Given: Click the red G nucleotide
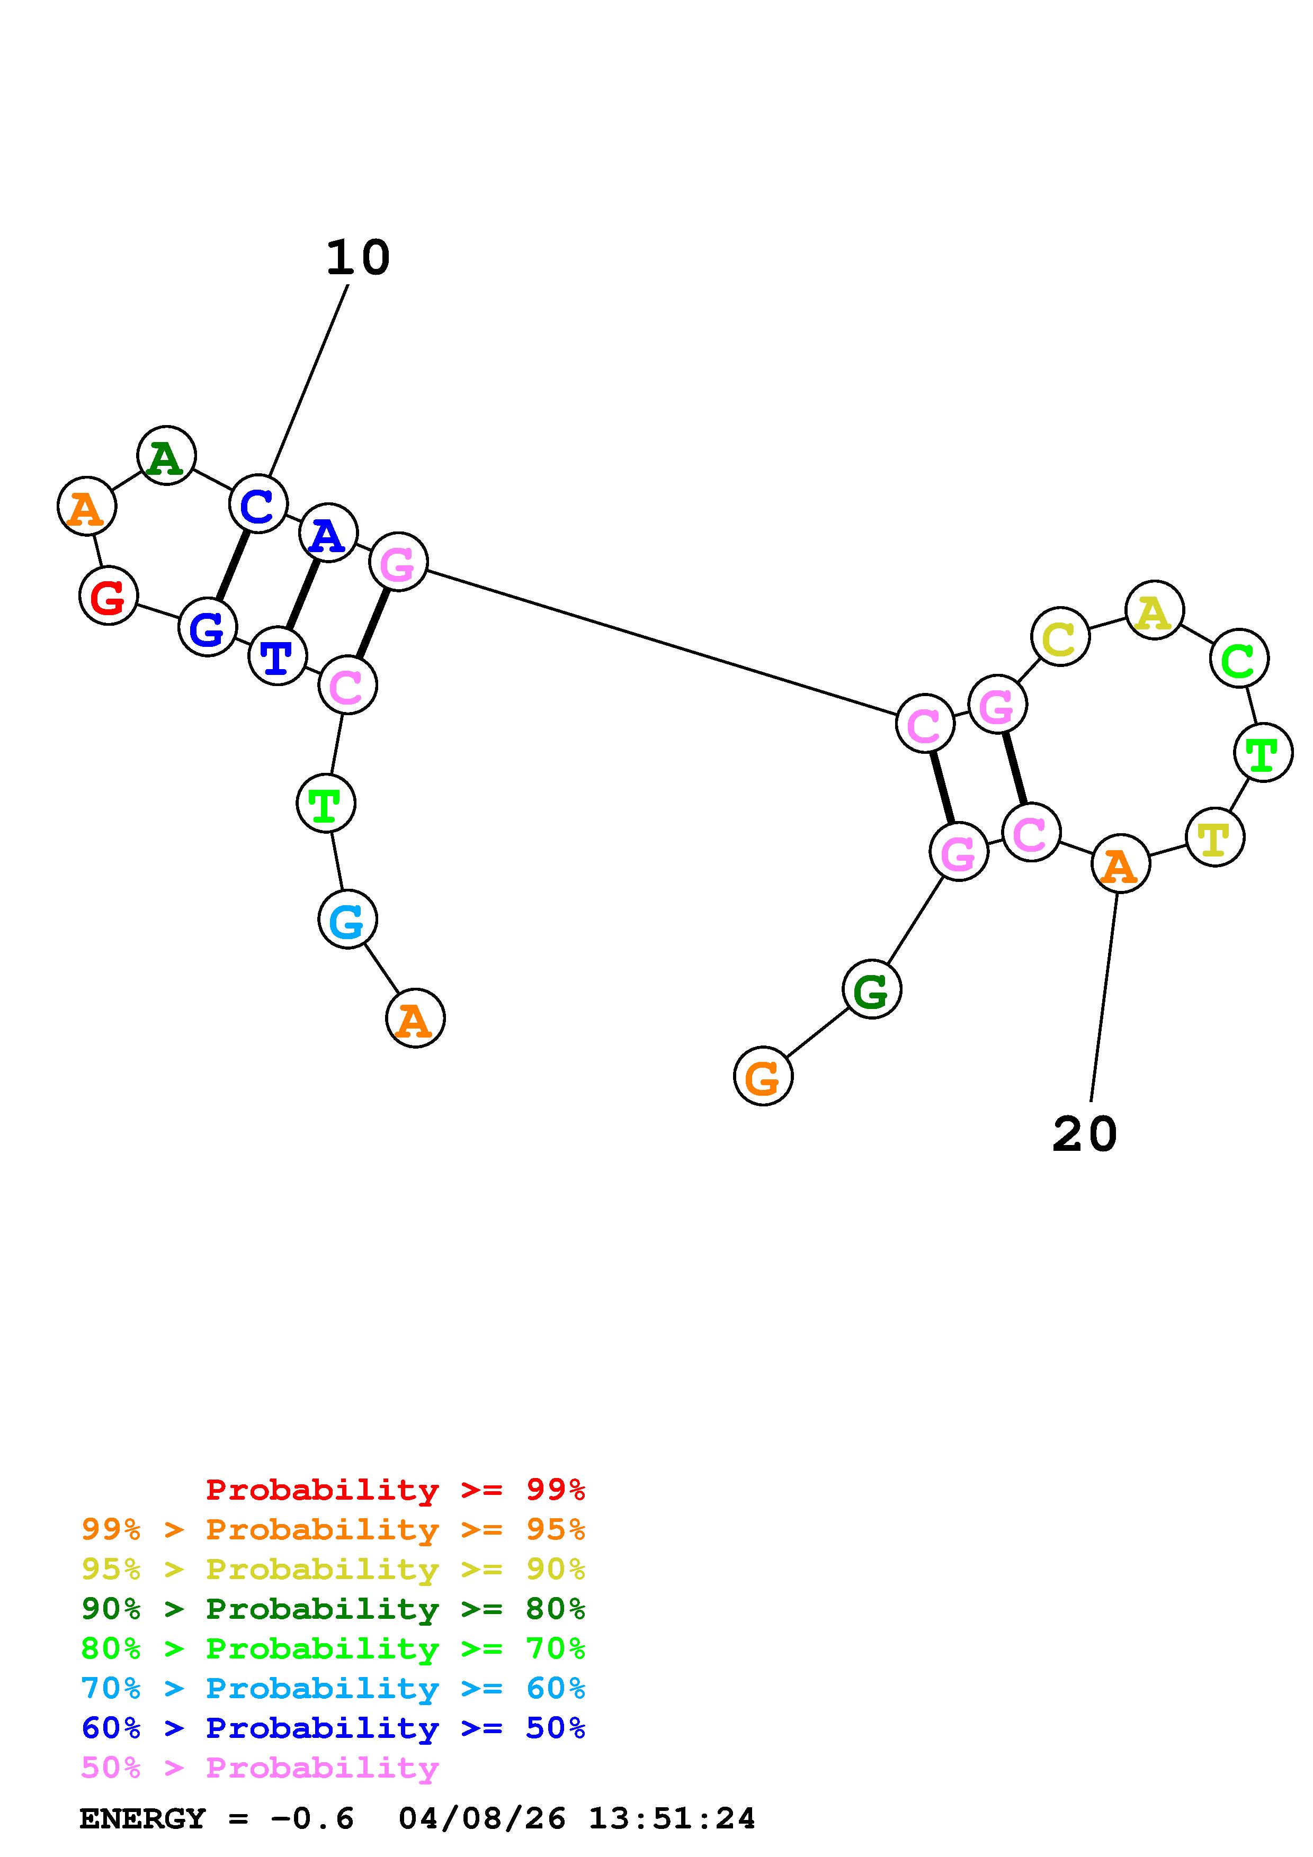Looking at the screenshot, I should coord(109,596).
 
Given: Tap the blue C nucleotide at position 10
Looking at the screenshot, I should coord(258,504).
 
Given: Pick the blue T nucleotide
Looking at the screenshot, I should coord(278,655).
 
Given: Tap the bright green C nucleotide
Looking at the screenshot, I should coord(1238,659).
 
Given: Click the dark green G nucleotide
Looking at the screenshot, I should coord(871,989).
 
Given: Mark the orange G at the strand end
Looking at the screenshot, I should coord(762,1076).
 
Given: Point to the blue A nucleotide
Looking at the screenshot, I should coord(328,532).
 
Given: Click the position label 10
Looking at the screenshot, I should coord(358,258).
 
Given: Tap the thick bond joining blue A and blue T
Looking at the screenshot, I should coord(302,593).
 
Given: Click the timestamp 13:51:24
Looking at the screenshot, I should coord(672,1818).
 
